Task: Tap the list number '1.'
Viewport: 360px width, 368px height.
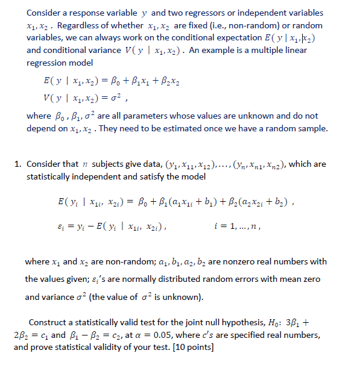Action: point(19,164)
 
